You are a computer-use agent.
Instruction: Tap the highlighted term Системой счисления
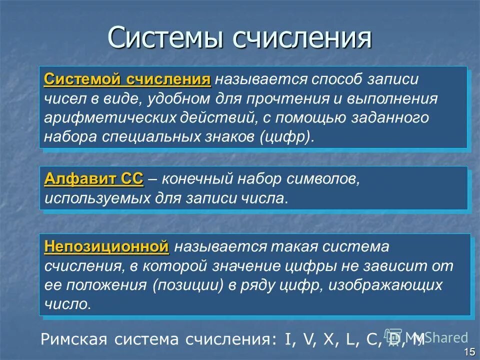[127, 80]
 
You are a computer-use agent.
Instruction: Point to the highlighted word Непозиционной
[106, 246]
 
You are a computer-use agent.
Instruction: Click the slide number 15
[469, 351]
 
